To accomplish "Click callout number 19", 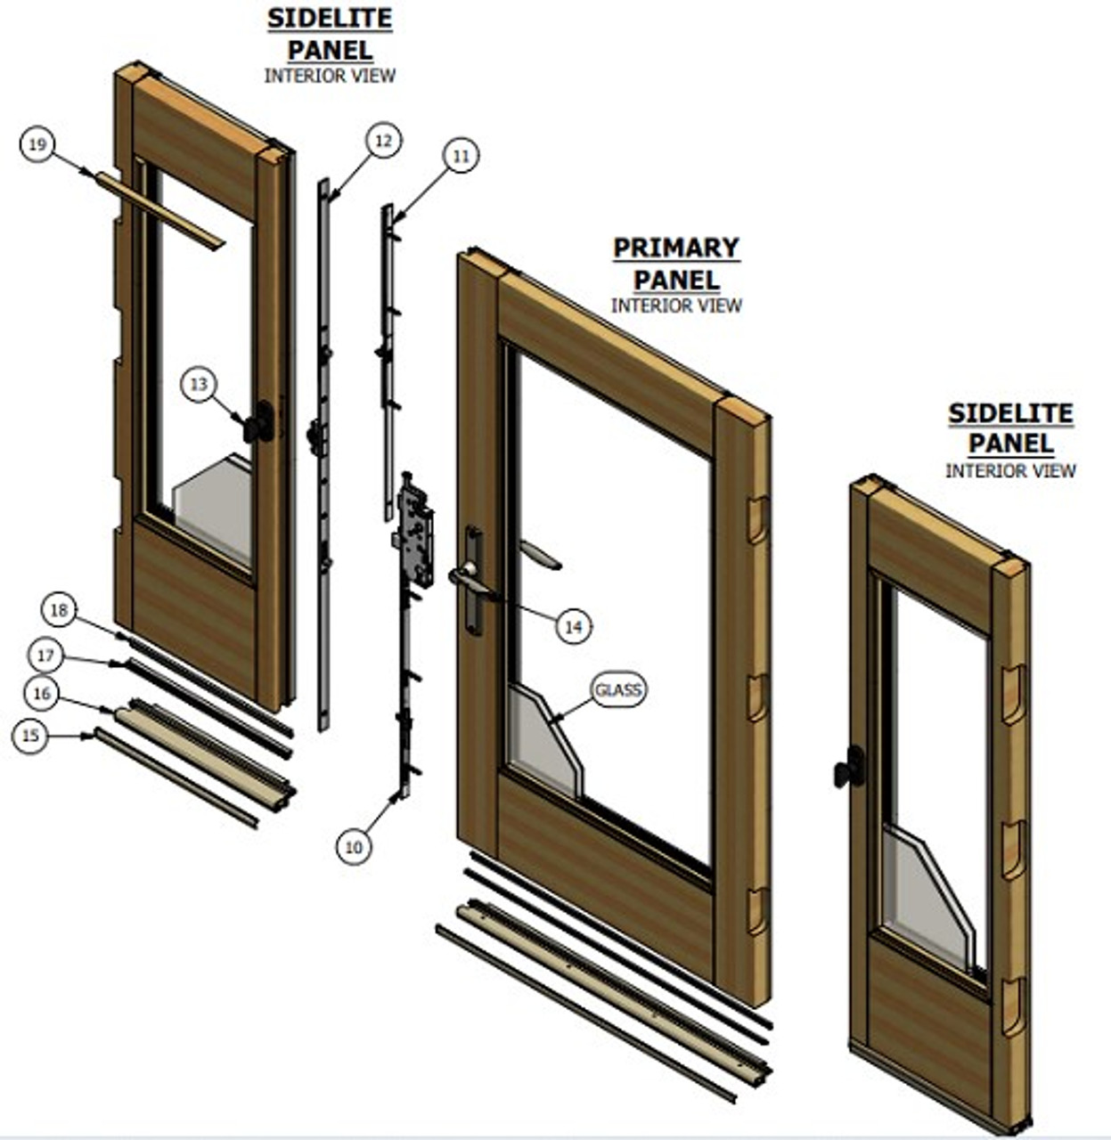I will pos(37,144).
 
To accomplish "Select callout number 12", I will pos(382,141).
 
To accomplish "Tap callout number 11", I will pos(461,156).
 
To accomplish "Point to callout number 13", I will pos(198,384).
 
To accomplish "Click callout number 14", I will pos(573,627).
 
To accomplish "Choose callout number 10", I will pos(354,847).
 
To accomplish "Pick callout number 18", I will pos(59,611).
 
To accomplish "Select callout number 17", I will pos(45,656).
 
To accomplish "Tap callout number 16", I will pos(40,694).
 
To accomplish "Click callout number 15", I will pos(30,736).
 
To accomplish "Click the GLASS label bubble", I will pos(617,690).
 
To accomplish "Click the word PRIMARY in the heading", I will pos(676,248).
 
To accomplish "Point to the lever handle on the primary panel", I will pos(471,579).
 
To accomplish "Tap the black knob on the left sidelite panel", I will pos(261,422).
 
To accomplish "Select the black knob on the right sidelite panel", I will pos(851,768).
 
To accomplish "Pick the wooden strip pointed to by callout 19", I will pos(160,210).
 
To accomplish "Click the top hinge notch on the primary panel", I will pos(756,520).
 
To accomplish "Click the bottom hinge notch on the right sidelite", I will pos(1014,1006).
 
